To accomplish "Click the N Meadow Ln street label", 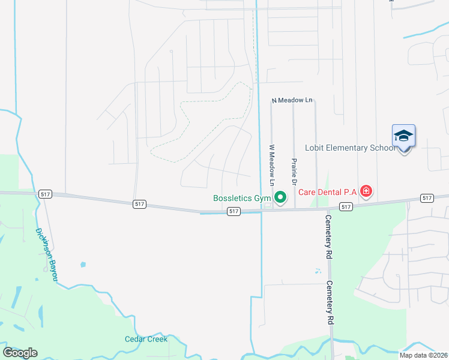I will pyautogui.click(x=293, y=100).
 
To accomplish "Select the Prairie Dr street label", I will pyautogui.click(x=294, y=171).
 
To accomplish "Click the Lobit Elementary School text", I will pyautogui.click(x=350, y=148).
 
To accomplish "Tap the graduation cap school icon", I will pyautogui.click(x=403, y=136).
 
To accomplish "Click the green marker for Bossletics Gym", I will pyautogui.click(x=280, y=197).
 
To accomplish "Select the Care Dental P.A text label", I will pyautogui.click(x=328, y=192).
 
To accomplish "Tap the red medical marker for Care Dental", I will pyautogui.click(x=366, y=192).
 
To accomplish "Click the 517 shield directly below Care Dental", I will pyautogui.click(x=345, y=206).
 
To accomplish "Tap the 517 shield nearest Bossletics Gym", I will pyautogui.click(x=234, y=211).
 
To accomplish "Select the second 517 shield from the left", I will pyautogui.click(x=138, y=205).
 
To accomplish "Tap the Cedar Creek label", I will pyautogui.click(x=146, y=339).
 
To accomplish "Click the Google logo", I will pyautogui.click(x=20, y=353).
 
